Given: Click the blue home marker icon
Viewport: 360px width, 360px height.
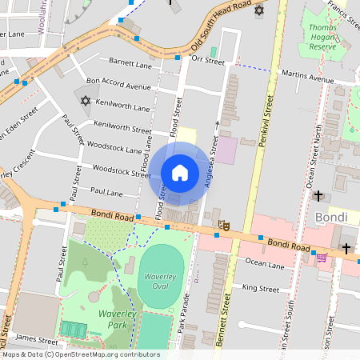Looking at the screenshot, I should point(179,174).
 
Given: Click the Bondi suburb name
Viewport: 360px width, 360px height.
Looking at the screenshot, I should point(330,218).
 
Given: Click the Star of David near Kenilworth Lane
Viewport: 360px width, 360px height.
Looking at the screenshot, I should point(86,100).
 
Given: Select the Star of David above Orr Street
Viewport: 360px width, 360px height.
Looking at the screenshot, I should point(258,10).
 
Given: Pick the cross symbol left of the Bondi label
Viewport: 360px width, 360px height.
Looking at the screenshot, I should point(318,195).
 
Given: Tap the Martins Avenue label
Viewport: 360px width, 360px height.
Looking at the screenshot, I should point(308,78).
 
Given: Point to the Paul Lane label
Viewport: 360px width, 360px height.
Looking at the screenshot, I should point(106,193).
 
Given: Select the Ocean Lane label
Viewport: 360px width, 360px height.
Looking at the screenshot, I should point(265,262).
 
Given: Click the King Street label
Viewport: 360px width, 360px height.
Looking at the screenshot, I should point(260,288).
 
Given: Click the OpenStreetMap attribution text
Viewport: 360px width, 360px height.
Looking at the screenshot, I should point(80,354).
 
